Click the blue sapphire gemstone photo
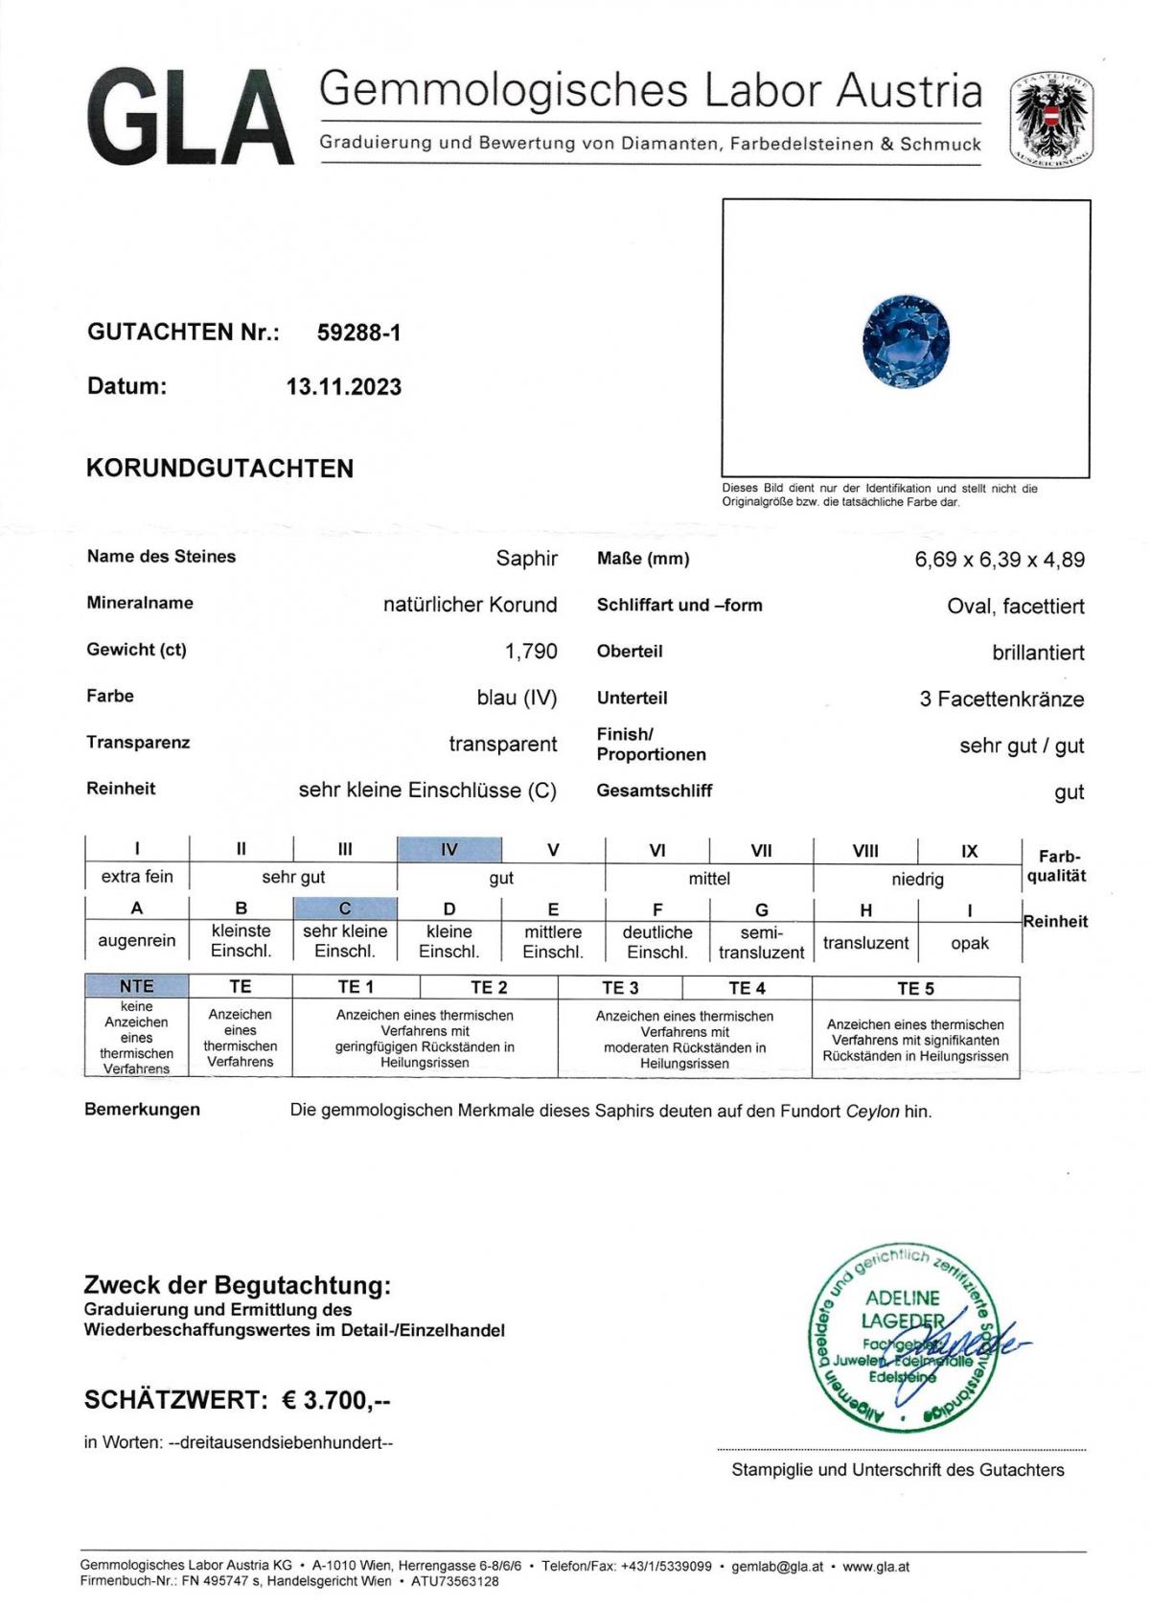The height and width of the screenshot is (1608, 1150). click(x=906, y=341)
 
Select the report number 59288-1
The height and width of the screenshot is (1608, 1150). click(x=358, y=333)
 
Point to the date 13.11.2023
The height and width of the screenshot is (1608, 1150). click(x=343, y=387)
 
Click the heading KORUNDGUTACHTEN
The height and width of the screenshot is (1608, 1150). click(x=219, y=469)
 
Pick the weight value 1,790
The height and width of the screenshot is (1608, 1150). click(x=531, y=652)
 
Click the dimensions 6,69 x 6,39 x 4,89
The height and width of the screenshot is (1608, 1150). click(x=1000, y=560)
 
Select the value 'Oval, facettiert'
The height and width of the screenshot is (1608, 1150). click(x=1015, y=606)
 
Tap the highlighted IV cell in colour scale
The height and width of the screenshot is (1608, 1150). click(x=448, y=849)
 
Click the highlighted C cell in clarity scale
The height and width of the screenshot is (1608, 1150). click(x=345, y=907)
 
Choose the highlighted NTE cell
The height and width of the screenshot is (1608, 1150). click(x=136, y=986)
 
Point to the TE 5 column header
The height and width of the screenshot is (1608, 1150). click(x=915, y=988)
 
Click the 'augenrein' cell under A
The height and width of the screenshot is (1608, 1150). click(x=137, y=940)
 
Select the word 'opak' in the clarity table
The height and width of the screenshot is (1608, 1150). click(x=969, y=943)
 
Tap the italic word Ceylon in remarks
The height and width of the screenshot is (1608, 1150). click(x=872, y=1112)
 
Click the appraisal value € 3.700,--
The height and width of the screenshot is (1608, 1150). click(x=336, y=1400)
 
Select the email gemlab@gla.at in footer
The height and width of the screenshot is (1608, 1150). click(x=776, y=1567)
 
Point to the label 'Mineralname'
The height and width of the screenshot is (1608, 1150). click(x=140, y=603)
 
